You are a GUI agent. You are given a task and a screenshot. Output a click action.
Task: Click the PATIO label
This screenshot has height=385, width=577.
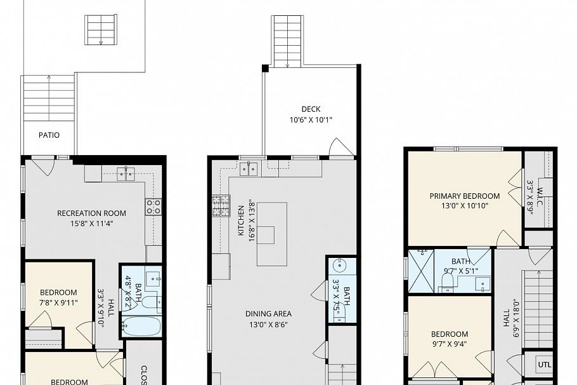tap(49, 135)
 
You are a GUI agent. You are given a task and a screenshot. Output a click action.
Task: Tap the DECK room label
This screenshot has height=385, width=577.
tap(311, 109)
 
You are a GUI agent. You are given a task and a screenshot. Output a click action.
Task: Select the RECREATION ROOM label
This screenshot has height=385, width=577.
tap(91, 213)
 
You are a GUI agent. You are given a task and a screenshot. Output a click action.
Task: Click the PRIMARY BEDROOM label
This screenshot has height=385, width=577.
tap(464, 196)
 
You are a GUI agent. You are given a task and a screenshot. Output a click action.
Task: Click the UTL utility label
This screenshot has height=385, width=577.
tap(544, 365)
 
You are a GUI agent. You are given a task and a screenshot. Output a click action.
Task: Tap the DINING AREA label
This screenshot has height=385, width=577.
tap(268, 313)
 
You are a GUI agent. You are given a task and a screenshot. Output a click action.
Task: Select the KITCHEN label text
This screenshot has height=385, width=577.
tap(241, 221)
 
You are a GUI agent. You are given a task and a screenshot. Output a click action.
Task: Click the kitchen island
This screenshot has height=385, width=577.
tap(271, 234)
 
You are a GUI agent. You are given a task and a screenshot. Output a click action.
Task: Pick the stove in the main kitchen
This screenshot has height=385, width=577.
tap(220, 206)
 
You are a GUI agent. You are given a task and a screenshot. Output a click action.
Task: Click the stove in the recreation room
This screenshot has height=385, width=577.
tap(153, 206)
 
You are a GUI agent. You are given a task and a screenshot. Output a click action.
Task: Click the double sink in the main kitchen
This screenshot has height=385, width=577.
tap(249, 168)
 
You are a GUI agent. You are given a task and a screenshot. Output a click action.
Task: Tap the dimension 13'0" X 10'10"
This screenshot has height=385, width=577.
tap(464, 206)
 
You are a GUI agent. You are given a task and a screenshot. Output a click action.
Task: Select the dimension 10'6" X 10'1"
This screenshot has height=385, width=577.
tap(311, 119)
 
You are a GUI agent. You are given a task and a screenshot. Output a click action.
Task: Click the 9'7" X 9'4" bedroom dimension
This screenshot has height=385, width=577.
tap(450, 344)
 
